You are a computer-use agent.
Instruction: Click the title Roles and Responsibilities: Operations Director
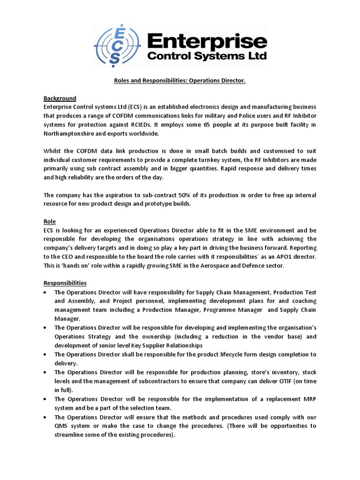coord(180,81)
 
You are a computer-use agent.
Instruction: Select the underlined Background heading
coord(60,98)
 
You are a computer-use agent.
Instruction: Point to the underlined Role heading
coord(50,221)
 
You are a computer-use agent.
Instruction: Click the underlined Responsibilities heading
coord(65,283)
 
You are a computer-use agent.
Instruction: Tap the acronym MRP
coord(307,399)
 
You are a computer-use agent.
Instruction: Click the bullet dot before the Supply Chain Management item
coord(45,292)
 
